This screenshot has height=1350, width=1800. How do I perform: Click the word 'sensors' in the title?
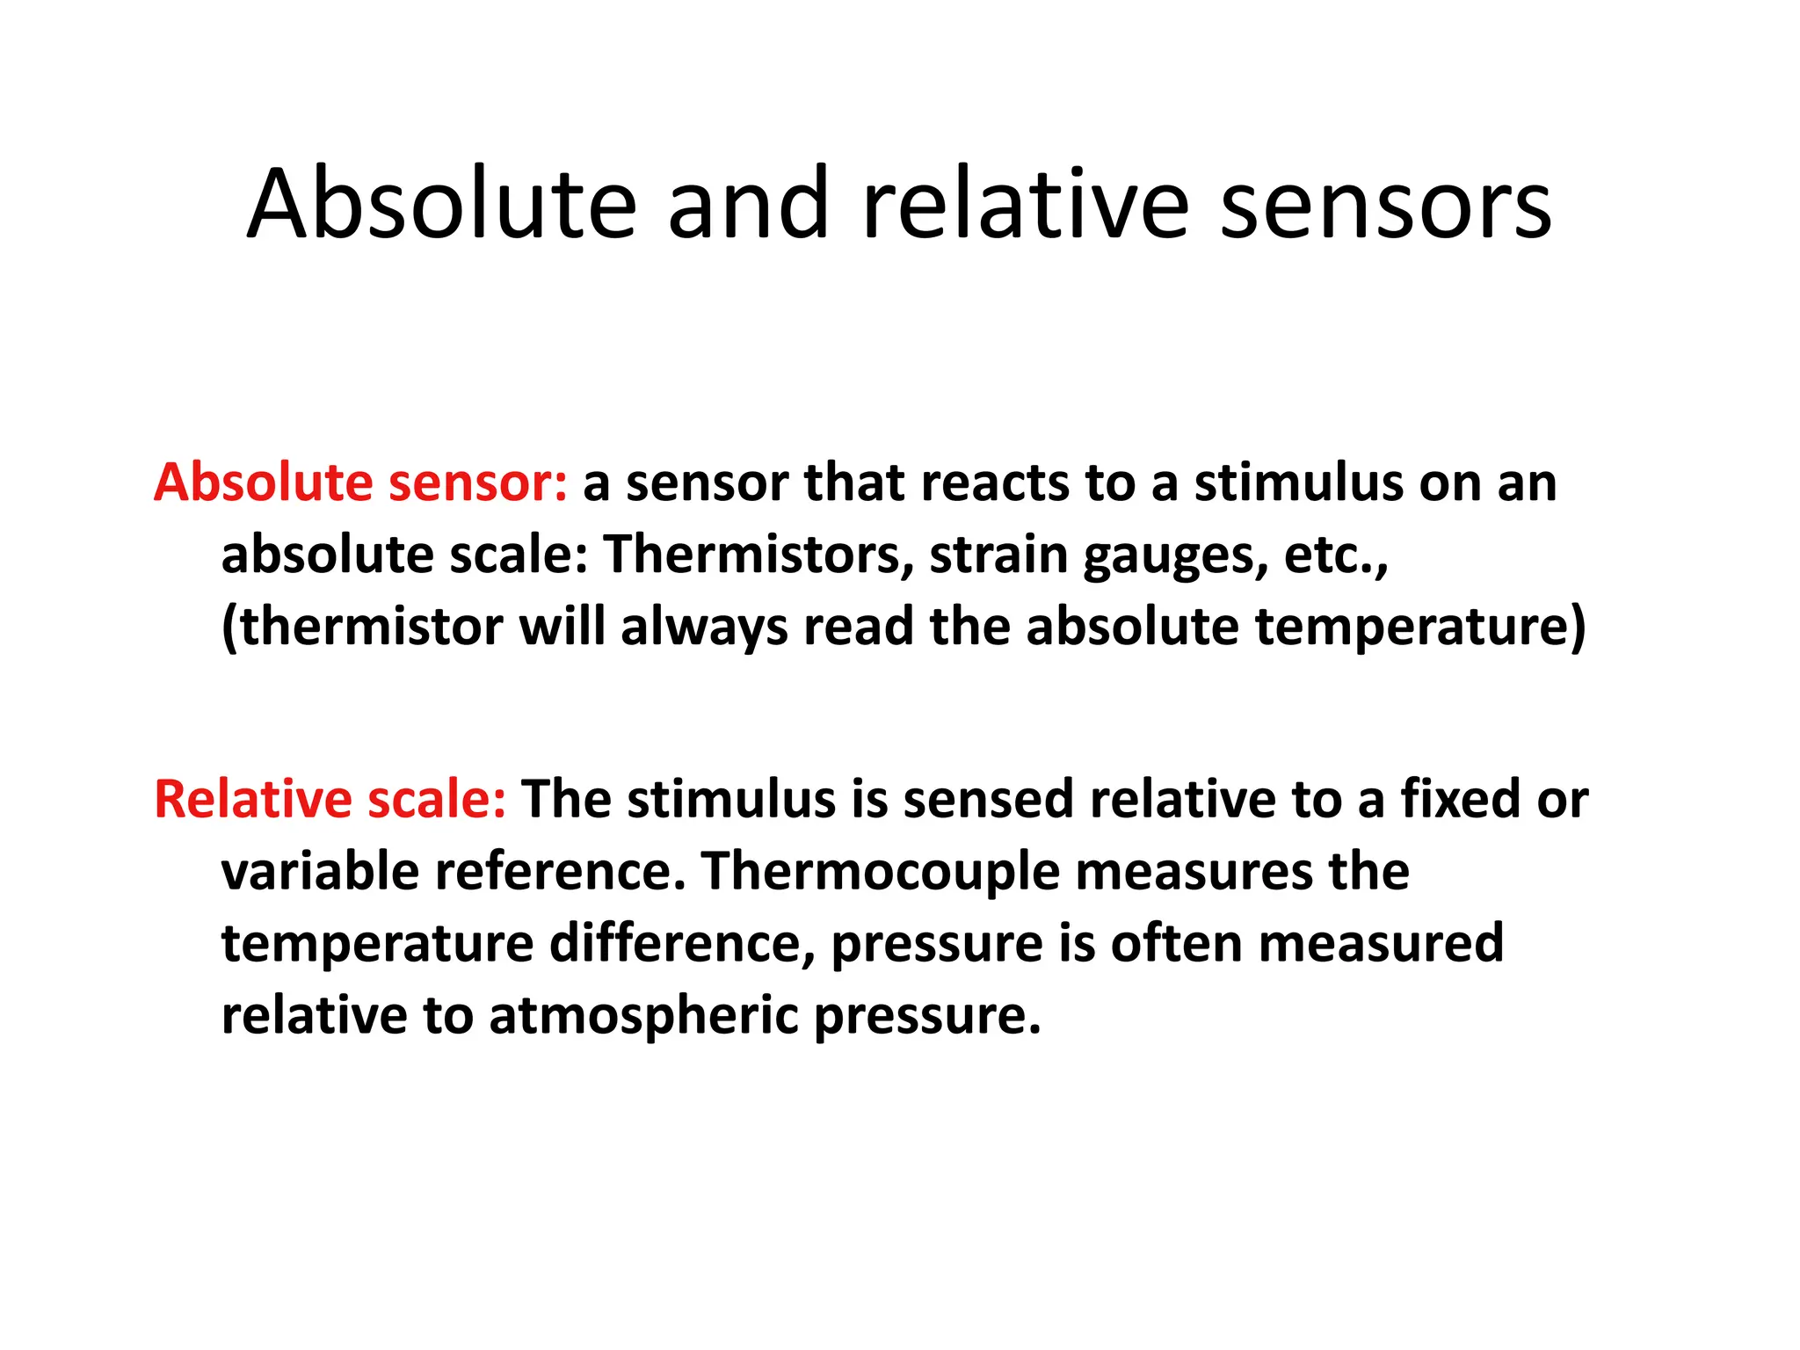tap(1386, 207)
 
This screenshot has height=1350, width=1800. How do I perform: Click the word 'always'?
tap(704, 628)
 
